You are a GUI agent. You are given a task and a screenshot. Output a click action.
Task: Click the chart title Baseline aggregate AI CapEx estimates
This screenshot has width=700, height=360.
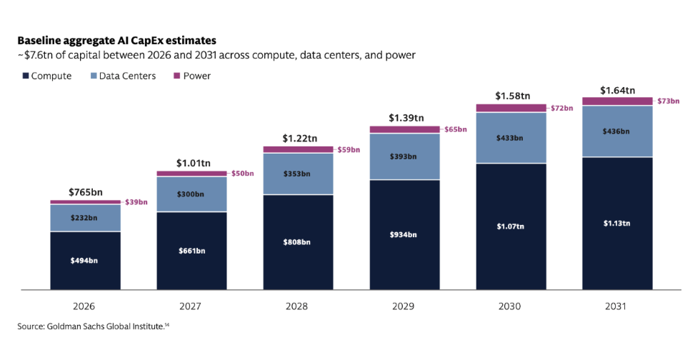pos(117,41)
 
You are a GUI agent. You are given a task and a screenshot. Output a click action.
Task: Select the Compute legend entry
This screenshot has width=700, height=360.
pos(47,76)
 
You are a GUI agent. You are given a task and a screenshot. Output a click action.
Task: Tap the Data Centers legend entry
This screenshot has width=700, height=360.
pos(123,76)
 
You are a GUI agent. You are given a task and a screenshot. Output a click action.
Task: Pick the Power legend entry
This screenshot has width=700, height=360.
pos(192,76)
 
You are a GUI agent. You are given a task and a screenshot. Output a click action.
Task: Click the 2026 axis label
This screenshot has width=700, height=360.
pos(84,306)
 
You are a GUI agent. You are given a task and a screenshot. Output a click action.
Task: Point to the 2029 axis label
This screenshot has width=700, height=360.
pos(403,306)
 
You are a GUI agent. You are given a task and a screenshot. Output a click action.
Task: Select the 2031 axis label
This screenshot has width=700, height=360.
pos(616,306)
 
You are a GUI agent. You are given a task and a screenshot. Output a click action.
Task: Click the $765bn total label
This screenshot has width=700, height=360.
pos(85,193)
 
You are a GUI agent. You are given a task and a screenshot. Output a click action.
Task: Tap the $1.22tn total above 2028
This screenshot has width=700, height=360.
pos(299,139)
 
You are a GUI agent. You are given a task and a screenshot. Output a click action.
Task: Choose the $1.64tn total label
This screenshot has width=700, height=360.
pos(617,90)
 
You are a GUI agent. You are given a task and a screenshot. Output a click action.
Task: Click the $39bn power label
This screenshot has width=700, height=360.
pos(136,202)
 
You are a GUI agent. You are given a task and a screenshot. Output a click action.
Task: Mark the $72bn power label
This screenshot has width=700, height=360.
pos(562,108)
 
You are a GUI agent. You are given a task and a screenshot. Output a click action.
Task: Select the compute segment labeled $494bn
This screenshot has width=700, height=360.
pos(85,261)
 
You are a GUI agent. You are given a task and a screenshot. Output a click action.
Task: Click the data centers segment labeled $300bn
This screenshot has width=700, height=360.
pos(191,194)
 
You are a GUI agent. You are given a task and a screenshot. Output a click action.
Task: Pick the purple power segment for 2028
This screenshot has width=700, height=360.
pos(299,149)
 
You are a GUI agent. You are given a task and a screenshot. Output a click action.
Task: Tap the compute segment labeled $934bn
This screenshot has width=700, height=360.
pos(404,234)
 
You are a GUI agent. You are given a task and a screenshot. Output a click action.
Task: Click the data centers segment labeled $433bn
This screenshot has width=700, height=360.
pos(511,138)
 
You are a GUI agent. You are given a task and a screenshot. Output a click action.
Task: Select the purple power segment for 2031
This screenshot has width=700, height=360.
pos(617,101)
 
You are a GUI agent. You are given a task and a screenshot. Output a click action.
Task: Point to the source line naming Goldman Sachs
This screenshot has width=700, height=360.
pos(94,326)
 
